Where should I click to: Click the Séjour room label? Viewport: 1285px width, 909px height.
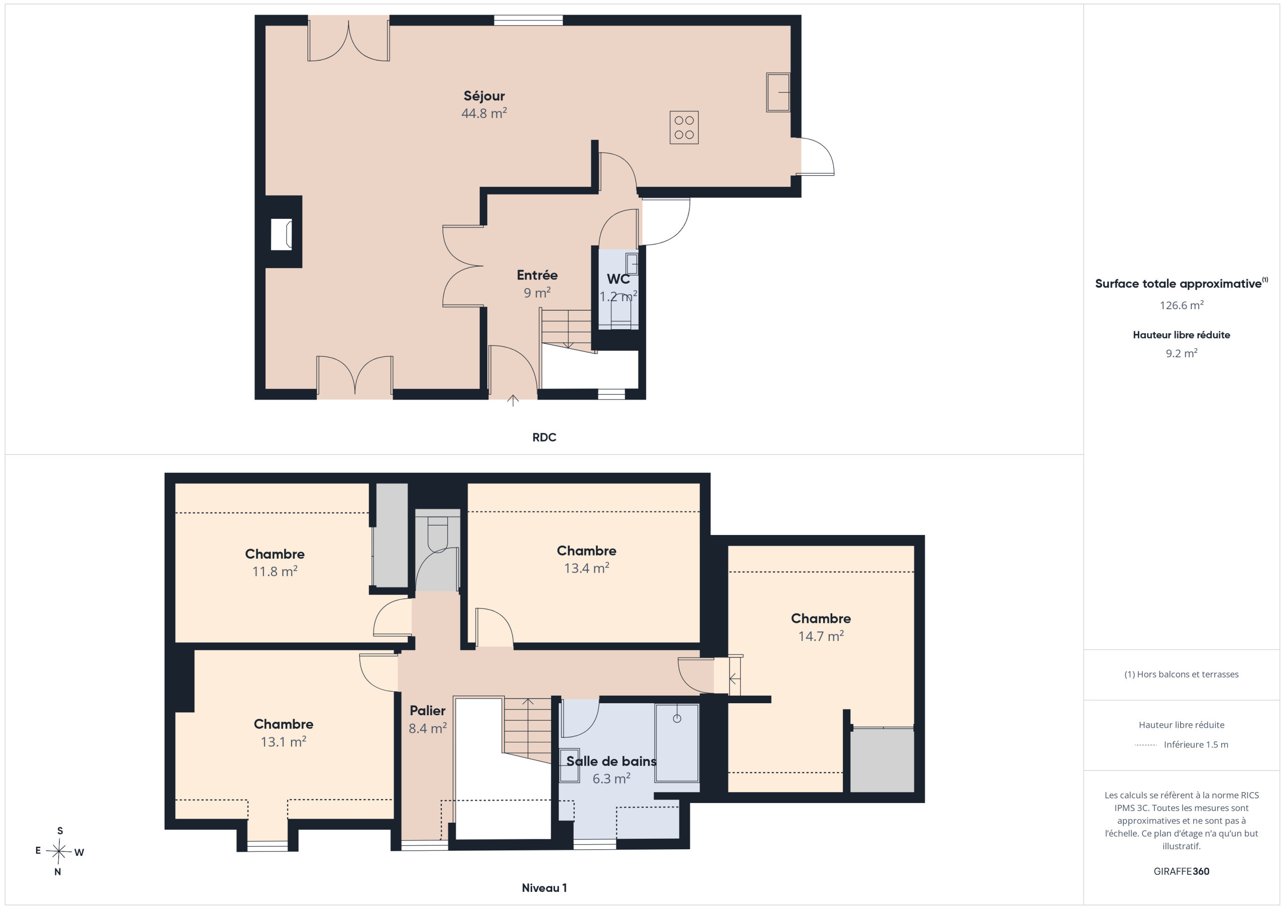pyautogui.click(x=484, y=96)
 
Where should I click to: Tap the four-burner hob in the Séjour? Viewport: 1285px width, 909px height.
pyautogui.click(x=684, y=127)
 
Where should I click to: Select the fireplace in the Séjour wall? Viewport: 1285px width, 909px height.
pyautogui.click(x=282, y=234)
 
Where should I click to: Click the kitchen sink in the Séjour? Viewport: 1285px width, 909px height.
pyautogui.click(x=778, y=92)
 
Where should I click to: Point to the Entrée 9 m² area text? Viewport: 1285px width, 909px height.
pyautogui.click(x=537, y=293)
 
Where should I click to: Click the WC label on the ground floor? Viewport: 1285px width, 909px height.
pyautogui.click(x=618, y=279)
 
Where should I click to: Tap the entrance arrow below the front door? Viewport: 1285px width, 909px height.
pyautogui.click(x=512, y=401)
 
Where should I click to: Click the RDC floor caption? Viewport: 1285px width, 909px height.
pyautogui.click(x=544, y=437)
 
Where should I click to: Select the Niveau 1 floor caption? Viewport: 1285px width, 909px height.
pyautogui.click(x=544, y=888)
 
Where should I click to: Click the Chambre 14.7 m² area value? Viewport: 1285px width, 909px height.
pyautogui.click(x=821, y=636)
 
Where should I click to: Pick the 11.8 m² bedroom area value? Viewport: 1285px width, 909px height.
pyautogui.click(x=275, y=572)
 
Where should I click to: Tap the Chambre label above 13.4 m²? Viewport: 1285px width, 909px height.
pyautogui.click(x=587, y=551)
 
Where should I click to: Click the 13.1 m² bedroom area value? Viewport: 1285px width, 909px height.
pyautogui.click(x=283, y=742)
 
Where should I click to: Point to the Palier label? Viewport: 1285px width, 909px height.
pyautogui.click(x=428, y=711)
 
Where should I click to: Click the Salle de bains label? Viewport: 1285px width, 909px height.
pyautogui.click(x=611, y=761)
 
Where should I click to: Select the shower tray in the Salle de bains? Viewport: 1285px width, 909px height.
pyautogui.click(x=677, y=743)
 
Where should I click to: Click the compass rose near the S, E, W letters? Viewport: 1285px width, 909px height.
pyautogui.click(x=59, y=852)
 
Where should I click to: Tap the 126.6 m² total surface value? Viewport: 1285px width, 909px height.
pyautogui.click(x=1182, y=305)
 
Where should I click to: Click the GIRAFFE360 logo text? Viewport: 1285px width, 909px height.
pyautogui.click(x=1182, y=871)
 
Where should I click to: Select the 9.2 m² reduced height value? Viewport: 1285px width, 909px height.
pyautogui.click(x=1182, y=353)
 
